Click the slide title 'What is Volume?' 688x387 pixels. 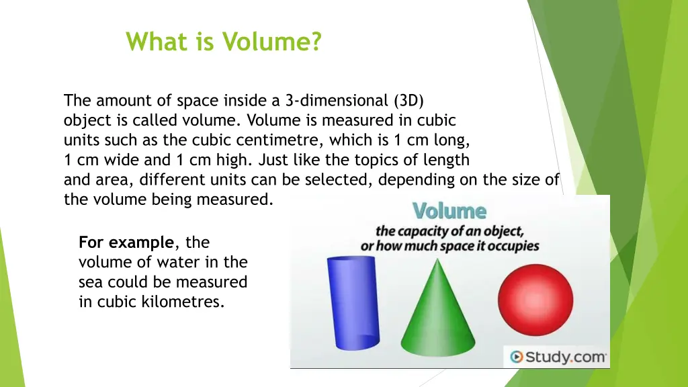(224, 42)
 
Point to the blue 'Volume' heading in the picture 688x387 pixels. (449, 211)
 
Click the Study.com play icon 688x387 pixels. (516, 357)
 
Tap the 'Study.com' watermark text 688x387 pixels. (565, 357)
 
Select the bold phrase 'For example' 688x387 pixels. (126, 242)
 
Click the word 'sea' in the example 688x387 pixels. (91, 282)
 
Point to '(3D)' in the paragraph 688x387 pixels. (409, 101)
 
